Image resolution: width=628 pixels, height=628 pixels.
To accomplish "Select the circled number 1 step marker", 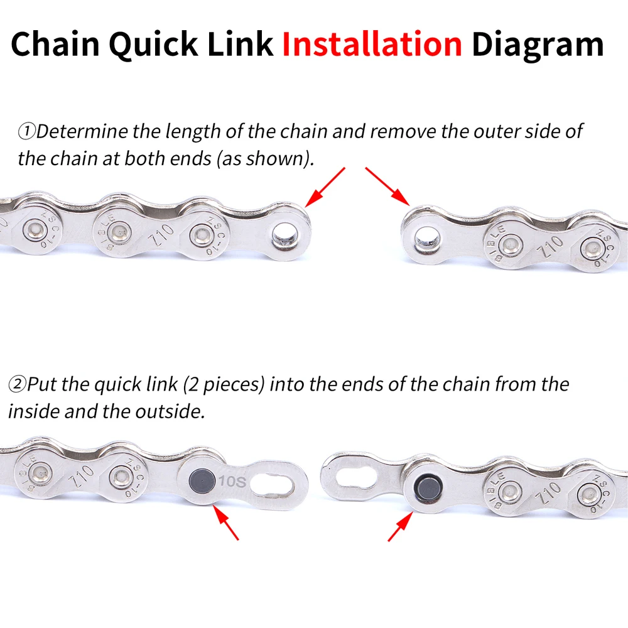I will [x=26, y=132].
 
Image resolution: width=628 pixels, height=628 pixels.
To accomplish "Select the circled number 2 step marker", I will [x=16, y=384].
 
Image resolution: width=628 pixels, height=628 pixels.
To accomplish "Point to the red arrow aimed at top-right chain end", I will [x=387, y=186].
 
